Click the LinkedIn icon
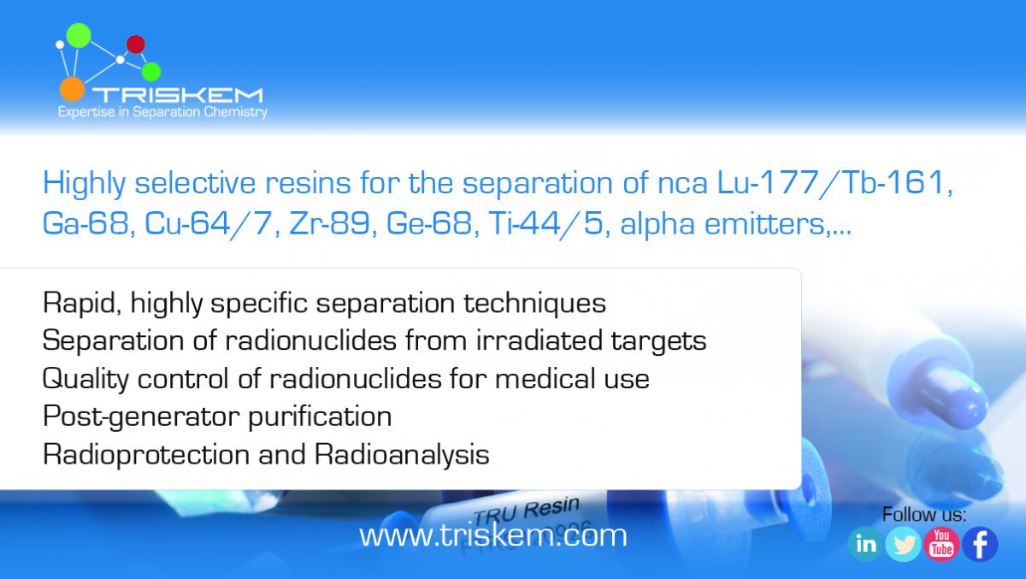coord(864,544)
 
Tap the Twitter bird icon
coord(903,544)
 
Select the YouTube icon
coord(941,544)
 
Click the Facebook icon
coord(980,544)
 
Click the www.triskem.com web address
coord(492,535)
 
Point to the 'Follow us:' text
coord(924,514)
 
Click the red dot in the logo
coord(136,44)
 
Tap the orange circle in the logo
coord(73,89)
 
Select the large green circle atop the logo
coord(79,35)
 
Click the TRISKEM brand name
coord(178,95)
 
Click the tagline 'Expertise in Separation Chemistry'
coord(162,112)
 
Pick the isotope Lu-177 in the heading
coord(768,182)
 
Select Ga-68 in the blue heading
coord(85,223)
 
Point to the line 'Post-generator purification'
coord(217,417)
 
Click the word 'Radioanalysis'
coord(402,455)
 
